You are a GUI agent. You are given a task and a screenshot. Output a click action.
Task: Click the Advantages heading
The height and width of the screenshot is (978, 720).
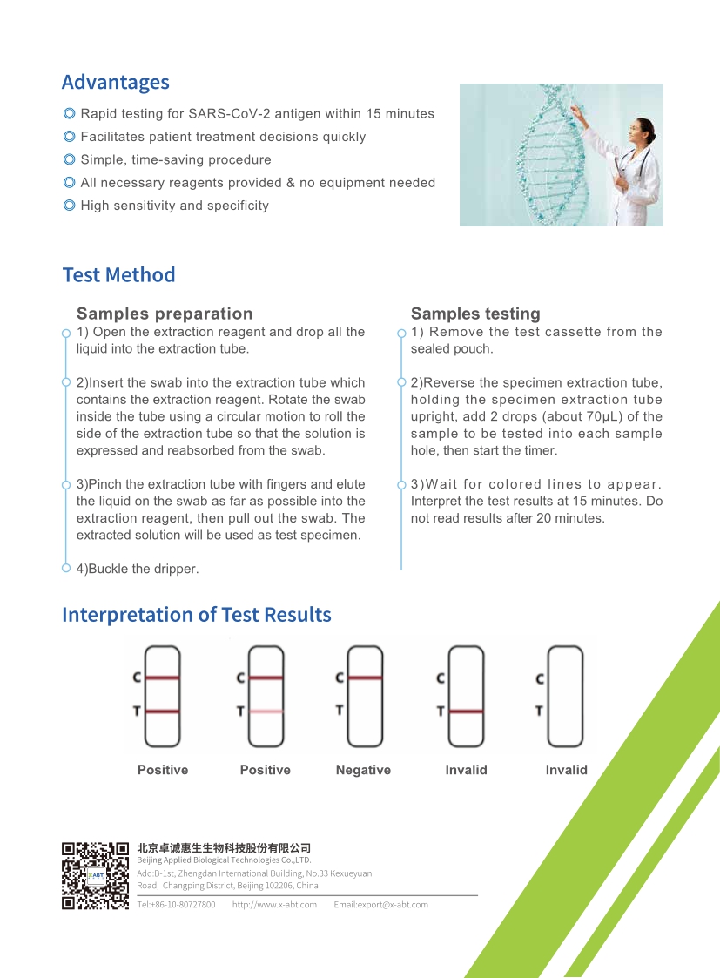[x=115, y=83]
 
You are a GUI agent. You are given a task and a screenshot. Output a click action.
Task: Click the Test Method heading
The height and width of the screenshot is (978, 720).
[x=118, y=275]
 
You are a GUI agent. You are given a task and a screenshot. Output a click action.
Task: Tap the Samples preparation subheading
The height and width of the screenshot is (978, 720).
[x=165, y=314]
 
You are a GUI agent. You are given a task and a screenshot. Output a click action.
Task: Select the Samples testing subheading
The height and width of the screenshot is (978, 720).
[x=475, y=314]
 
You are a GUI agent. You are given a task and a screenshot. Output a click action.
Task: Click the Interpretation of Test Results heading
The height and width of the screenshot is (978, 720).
[x=196, y=615]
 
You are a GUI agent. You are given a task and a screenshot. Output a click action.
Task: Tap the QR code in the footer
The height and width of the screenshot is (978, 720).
[x=95, y=875]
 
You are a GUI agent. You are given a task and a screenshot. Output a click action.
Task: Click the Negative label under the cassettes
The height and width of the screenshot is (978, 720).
[x=363, y=770]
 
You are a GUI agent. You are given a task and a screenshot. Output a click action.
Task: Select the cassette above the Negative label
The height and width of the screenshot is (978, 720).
[x=364, y=696]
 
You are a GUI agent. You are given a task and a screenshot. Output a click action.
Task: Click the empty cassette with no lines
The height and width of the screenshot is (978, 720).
[x=564, y=696]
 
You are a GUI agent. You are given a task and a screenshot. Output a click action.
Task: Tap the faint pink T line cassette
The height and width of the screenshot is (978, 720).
[x=266, y=696]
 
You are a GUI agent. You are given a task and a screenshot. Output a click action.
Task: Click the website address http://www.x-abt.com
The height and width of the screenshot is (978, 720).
[x=274, y=905]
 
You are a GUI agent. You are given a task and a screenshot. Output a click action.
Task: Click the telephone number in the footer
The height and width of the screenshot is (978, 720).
[x=176, y=905]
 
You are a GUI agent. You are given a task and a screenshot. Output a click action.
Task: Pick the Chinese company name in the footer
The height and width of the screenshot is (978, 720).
[x=224, y=848]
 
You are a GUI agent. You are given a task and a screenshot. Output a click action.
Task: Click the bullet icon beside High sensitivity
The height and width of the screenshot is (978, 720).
[x=69, y=206]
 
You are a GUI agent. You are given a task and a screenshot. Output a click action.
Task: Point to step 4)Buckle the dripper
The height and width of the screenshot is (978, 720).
[x=138, y=569]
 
